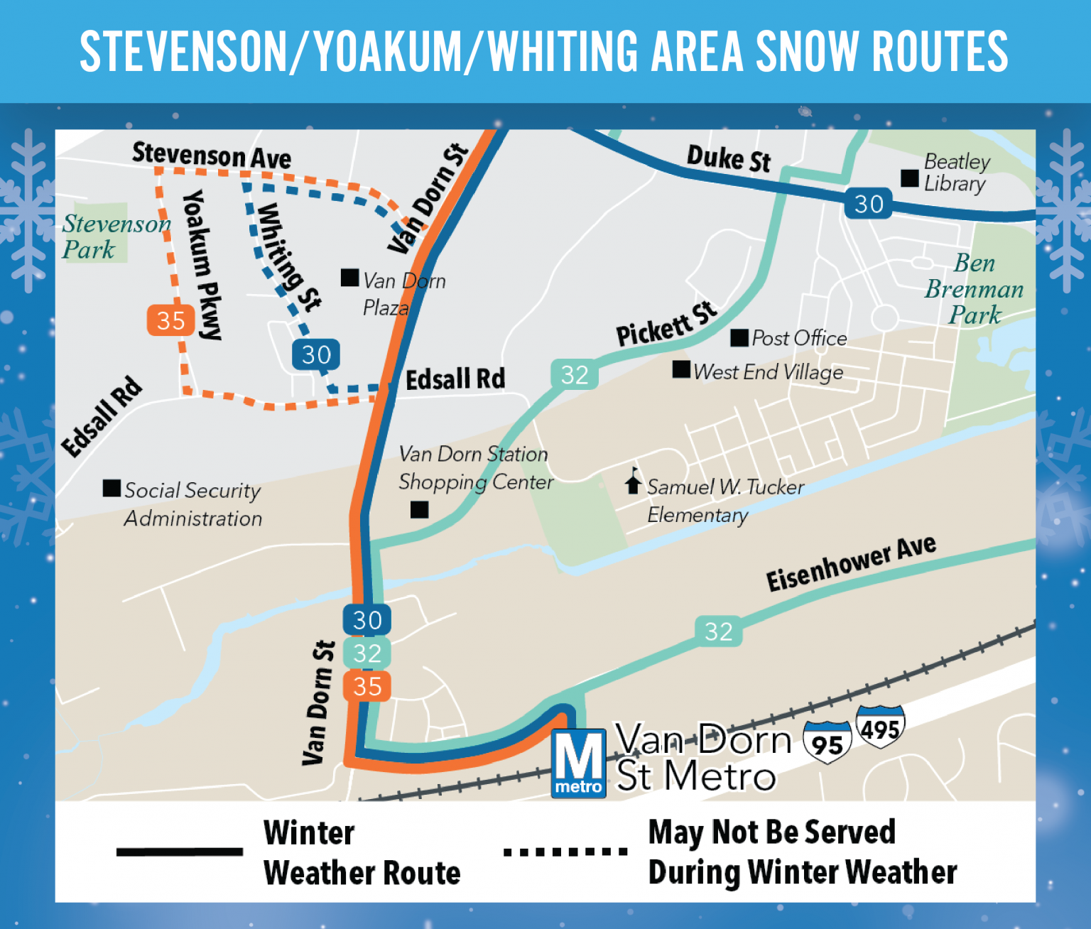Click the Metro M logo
(579, 763)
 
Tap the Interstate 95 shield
(827, 742)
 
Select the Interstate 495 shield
(881, 727)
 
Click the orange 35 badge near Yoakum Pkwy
(170, 320)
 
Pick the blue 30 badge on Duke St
(868, 204)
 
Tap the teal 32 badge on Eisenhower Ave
(718, 631)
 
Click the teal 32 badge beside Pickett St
(575, 374)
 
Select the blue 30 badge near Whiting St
(316, 354)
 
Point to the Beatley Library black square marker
(910, 178)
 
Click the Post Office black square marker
(739, 337)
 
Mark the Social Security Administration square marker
(112, 488)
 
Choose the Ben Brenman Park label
(975, 288)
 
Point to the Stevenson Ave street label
(212, 156)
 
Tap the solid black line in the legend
(180, 852)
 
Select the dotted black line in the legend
(565, 852)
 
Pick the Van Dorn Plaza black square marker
(349, 277)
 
